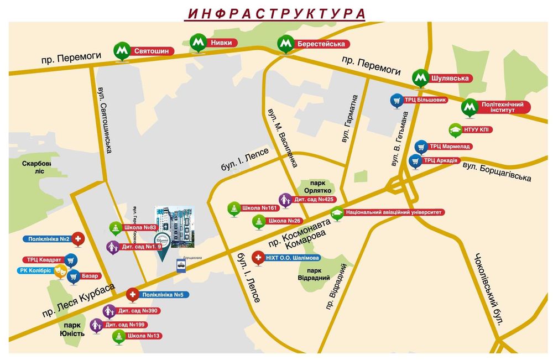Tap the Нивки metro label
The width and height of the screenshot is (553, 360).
(221, 43)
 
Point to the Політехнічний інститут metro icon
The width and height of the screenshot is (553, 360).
(470, 106)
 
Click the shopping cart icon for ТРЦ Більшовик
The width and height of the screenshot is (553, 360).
(396, 100)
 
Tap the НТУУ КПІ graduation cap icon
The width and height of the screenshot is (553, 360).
(455, 130)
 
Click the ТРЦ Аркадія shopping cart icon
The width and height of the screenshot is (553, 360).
(415, 161)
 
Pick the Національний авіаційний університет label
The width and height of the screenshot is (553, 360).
(394, 212)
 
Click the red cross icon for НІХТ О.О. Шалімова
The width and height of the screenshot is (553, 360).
(258, 258)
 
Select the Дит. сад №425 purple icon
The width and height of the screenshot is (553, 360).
(285, 199)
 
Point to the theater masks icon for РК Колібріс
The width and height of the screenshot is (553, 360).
(60, 270)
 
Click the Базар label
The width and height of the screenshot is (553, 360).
(92, 276)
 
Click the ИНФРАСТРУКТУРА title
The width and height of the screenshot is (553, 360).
(276, 13)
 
